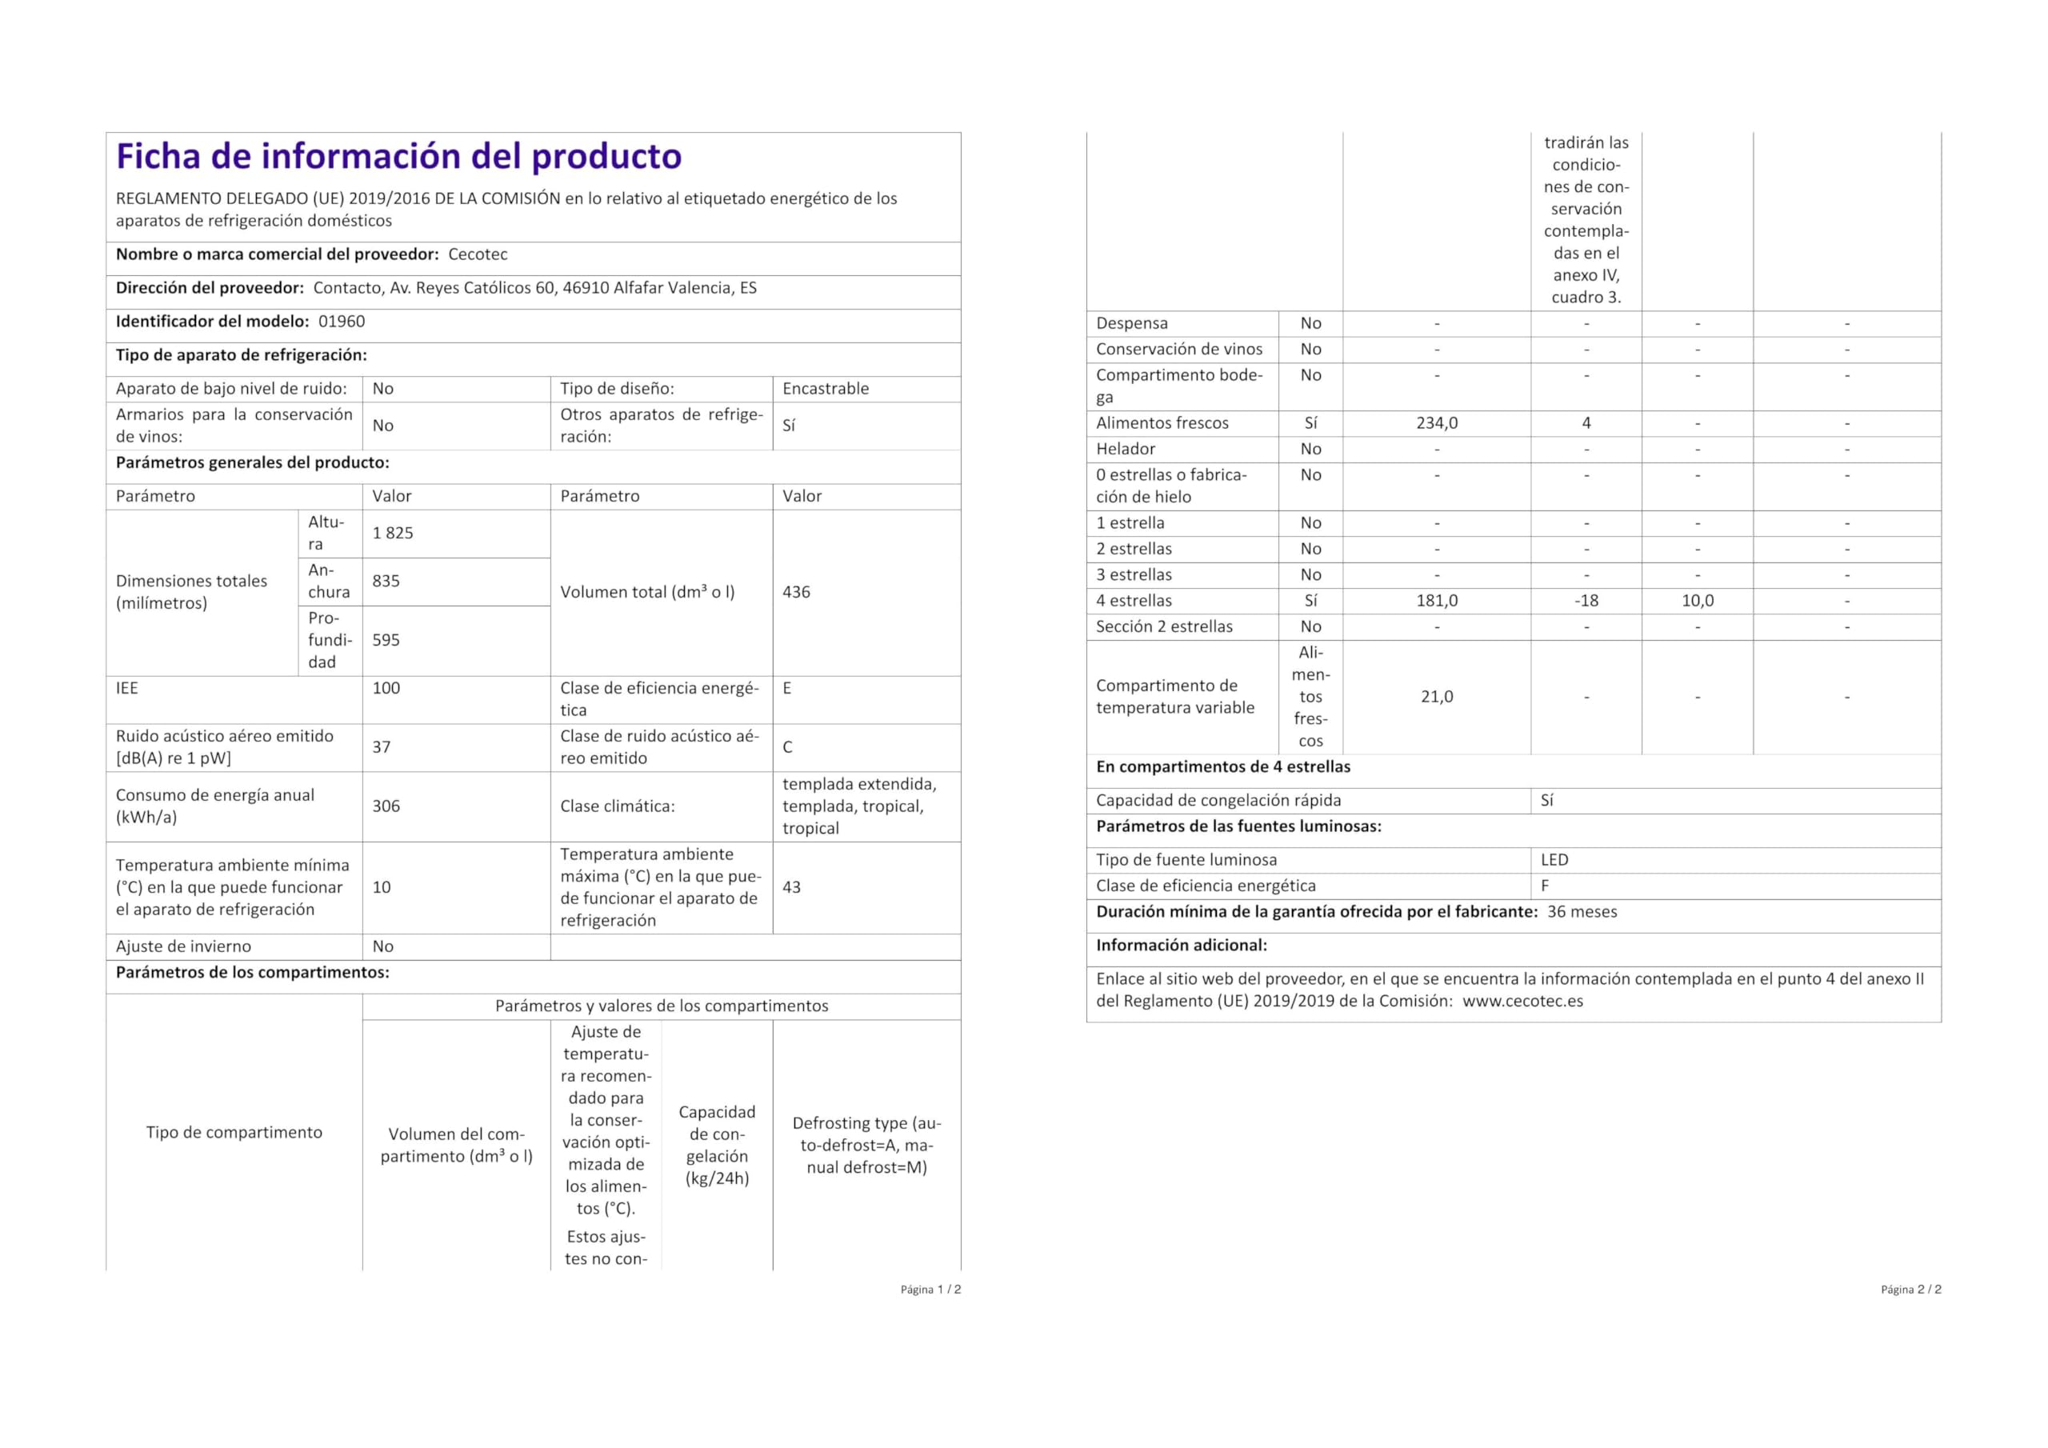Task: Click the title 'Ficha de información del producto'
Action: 398,157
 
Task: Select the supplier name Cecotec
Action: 478,254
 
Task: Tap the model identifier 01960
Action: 342,321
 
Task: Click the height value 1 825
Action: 393,533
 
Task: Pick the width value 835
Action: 386,581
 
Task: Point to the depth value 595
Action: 386,640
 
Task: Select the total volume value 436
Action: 796,591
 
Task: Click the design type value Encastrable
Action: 825,388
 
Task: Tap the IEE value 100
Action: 386,688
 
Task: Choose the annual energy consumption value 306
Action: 386,806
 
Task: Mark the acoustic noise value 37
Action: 381,746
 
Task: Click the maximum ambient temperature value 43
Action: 791,887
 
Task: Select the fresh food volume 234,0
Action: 1436,423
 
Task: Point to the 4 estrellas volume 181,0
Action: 1436,601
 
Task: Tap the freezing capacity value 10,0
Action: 1697,601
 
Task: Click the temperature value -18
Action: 1586,601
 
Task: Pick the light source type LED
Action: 1554,860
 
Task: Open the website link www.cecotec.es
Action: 1522,1001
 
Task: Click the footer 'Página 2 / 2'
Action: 1910,1289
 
